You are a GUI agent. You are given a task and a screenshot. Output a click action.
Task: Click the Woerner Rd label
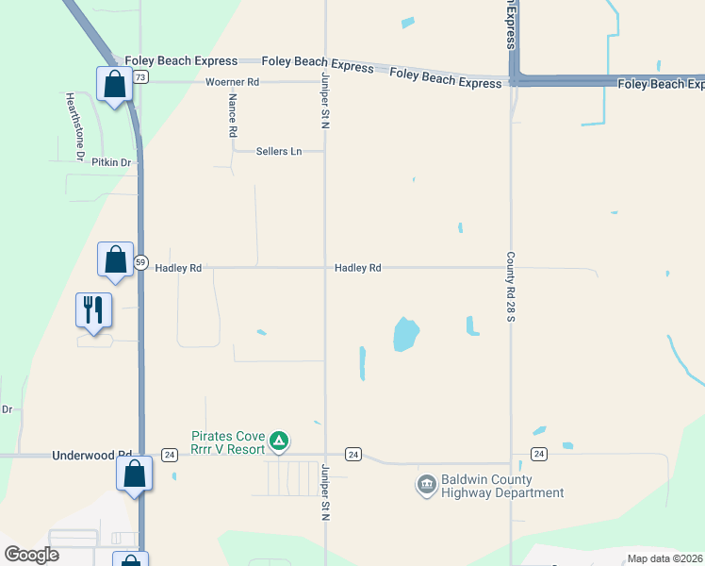(x=232, y=82)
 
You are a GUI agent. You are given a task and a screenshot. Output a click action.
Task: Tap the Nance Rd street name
(x=232, y=116)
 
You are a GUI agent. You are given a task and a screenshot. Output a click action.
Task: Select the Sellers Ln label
(x=279, y=151)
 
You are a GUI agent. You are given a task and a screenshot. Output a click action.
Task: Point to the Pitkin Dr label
(x=111, y=162)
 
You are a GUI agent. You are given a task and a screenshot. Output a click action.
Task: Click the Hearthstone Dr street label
(x=74, y=125)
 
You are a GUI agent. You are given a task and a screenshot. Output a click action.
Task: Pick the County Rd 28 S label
(x=510, y=285)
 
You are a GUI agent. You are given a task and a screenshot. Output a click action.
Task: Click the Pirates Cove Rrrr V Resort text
(x=230, y=442)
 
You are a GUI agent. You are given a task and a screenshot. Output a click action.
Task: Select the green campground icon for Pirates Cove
(x=279, y=441)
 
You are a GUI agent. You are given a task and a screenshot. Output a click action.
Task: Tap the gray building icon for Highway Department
(x=426, y=485)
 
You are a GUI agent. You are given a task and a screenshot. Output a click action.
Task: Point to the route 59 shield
(x=140, y=262)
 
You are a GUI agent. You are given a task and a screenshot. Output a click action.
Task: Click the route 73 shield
(x=140, y=76)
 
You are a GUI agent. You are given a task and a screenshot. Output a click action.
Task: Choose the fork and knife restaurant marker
(x=93, y=309)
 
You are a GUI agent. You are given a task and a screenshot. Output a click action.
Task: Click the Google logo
(x=31, y=555)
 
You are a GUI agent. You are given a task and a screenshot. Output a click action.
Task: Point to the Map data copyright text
(x=664, y=558)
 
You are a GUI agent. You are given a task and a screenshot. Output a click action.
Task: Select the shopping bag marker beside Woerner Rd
(x=114, y=83)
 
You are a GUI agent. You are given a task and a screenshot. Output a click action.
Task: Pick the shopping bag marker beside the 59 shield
(x=115, y=259)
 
